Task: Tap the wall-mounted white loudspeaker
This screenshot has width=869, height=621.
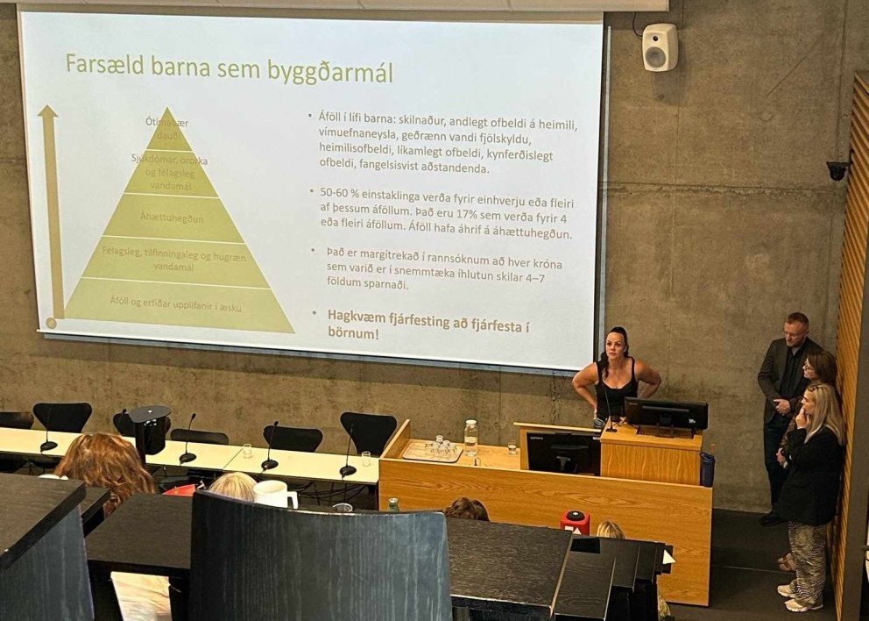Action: coord(660,47)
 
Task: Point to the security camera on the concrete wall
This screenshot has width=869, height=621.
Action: coord(837,170)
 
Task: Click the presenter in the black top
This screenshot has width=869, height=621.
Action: coord(615,377)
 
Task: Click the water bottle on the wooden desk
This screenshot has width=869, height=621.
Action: coord(471,436)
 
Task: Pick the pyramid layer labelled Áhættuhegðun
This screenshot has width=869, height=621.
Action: coord(177,218)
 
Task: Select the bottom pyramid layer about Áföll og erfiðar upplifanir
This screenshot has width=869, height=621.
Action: coord(177,301)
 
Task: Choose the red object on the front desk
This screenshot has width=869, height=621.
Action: coord(575,522)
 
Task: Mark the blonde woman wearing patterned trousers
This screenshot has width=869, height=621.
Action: coord(811,491)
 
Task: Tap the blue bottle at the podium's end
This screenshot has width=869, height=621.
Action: coord(707,469)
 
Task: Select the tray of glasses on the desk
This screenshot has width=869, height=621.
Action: coord(431,450)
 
